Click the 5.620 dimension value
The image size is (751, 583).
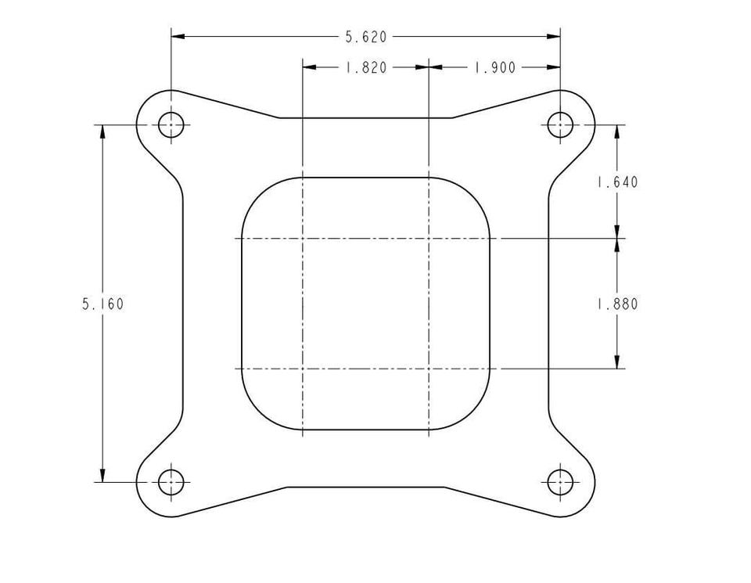click(x=366, y=37)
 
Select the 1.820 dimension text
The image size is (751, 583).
click(x=366, y=67)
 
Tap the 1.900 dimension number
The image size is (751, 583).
click(x=494, y=67)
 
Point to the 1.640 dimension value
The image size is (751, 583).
click(x=617, y=182)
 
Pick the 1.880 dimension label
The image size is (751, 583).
click(x=617, y=304)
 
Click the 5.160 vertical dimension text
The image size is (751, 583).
click(x=103, y=304)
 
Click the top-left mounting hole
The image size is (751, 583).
click(x=171, y=124)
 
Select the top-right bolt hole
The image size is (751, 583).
click(x=560, y=124)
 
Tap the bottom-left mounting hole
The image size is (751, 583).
click(x=171, y=482)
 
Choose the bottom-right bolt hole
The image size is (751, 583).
click(x=560, y=482)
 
